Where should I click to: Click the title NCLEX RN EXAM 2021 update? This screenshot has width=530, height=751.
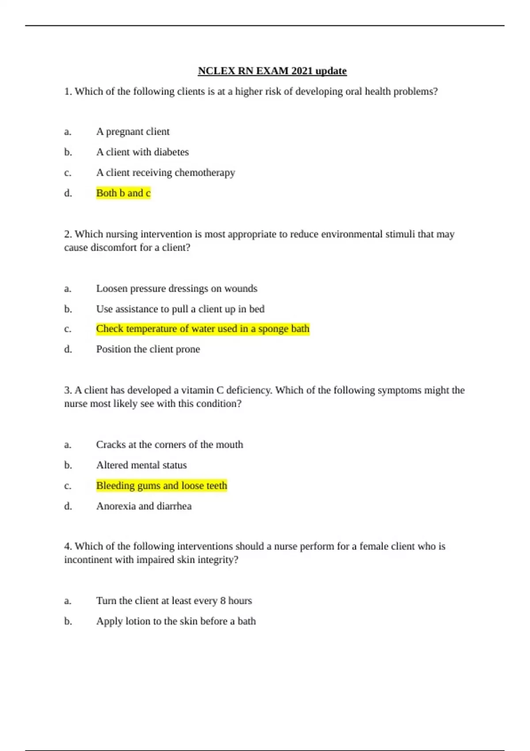pos(272,71)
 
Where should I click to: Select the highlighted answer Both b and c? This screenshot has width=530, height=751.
pos(123,193)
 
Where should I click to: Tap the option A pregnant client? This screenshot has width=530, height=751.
pos(132,132)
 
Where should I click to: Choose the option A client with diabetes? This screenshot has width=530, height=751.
pos(142,152)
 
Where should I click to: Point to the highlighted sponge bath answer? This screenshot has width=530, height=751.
pos(202,329)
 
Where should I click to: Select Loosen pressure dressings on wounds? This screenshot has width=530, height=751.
pos(176,288)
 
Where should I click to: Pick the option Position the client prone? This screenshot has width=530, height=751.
pos(148,349)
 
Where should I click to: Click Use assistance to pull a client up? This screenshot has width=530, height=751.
pos(180,309)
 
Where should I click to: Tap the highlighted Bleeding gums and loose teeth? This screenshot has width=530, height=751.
pos(161,485)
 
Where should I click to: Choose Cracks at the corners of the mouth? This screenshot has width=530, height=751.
pos(169,444)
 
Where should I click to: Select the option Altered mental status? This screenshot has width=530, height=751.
pos(141,465)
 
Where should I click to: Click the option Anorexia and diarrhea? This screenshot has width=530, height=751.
pos(144,506)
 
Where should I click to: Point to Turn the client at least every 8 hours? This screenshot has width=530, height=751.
pos(174,601)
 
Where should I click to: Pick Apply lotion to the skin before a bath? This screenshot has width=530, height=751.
pos(176,621)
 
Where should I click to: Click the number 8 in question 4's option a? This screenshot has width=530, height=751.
pos(223,601)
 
